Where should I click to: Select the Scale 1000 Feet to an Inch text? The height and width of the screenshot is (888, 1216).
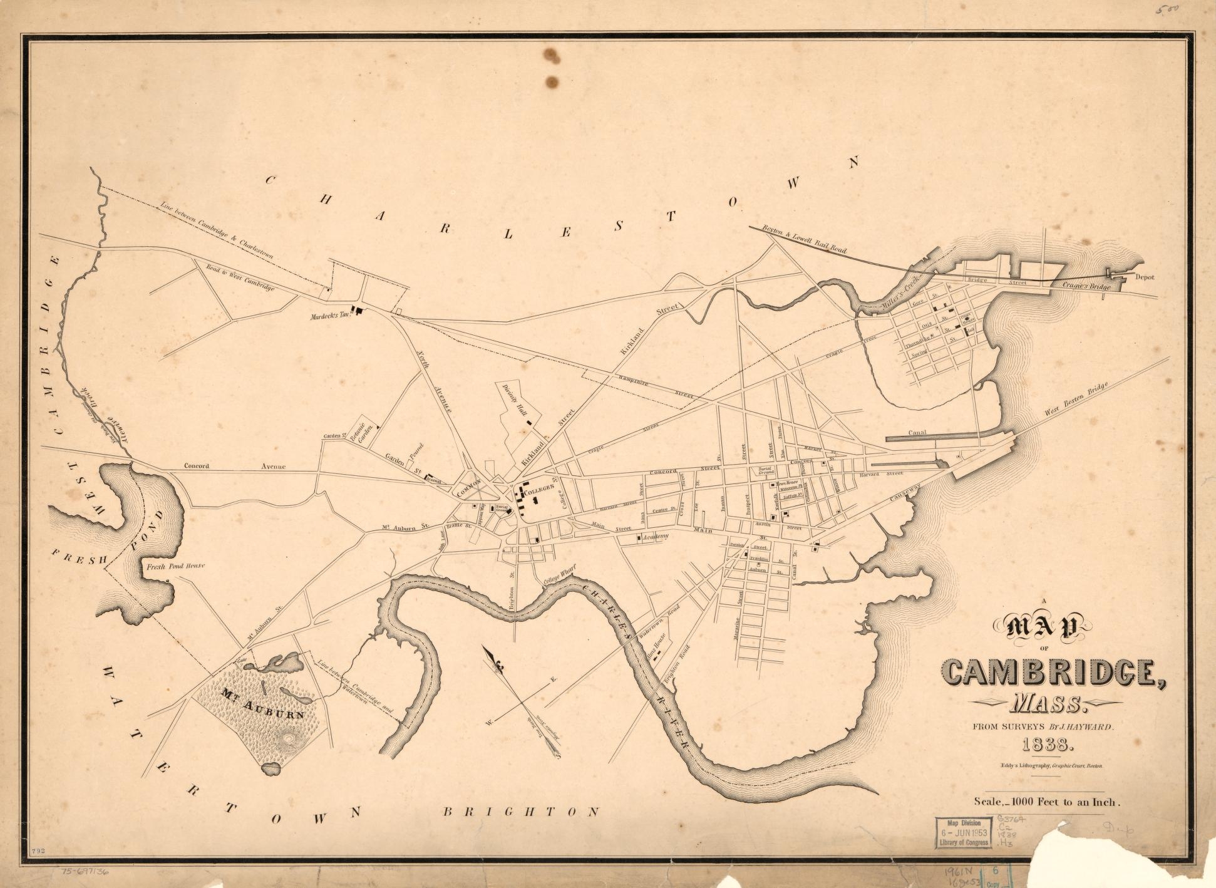(1046, 800)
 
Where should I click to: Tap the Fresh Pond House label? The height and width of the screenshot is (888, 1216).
(175, 566)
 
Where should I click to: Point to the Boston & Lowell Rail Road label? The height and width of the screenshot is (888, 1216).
(804, 239)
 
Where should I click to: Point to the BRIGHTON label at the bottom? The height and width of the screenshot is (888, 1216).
(521, 812)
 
